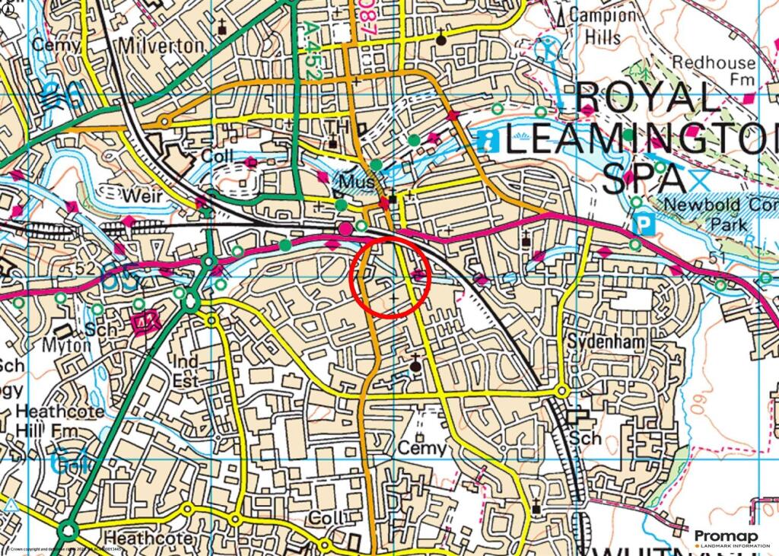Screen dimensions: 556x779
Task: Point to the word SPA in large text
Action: click(643, 179)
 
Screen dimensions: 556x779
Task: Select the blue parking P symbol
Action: click(644, 225)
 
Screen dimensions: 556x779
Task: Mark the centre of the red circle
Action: click(391, 275)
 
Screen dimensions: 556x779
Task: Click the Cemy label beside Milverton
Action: click(55, 45)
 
